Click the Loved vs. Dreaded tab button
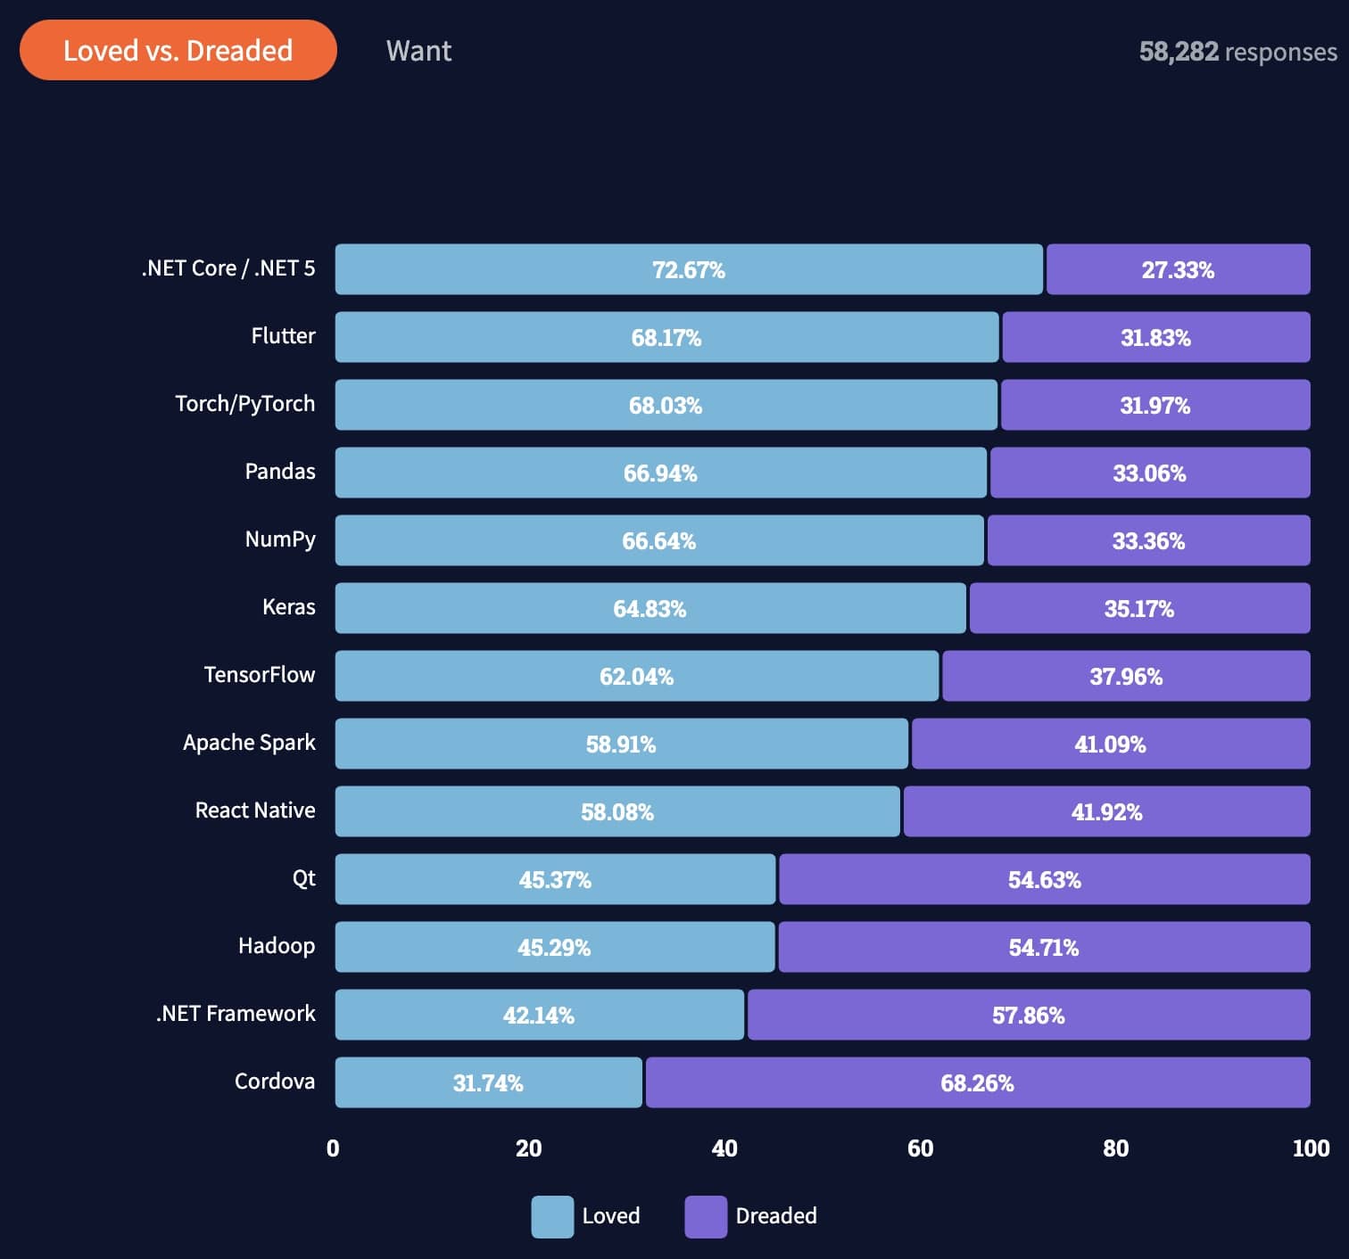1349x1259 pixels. click(x=178, y=51)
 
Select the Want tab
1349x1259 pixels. click(x=418, y=51)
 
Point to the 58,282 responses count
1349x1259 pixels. click(x=1237, y=52)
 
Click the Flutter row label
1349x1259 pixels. click(x=283, y=336)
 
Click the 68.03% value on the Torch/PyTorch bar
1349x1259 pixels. click(x=666, y=406)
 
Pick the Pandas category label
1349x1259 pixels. click(x=280, y=472)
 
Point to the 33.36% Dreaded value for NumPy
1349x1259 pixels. click(x=1148, y=541)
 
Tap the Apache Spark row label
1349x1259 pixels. click(x=249, y=743)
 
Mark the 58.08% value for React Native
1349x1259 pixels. click(x=617, y=812)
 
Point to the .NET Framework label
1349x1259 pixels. click(x=236, y=1014)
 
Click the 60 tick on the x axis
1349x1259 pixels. click(x=920, y=1148)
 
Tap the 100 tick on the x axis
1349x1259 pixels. click(x=1311, y=1148)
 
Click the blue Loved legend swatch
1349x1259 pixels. click(x=552, y=1216)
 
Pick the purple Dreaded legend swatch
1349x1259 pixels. click(x=706, y=1216)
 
